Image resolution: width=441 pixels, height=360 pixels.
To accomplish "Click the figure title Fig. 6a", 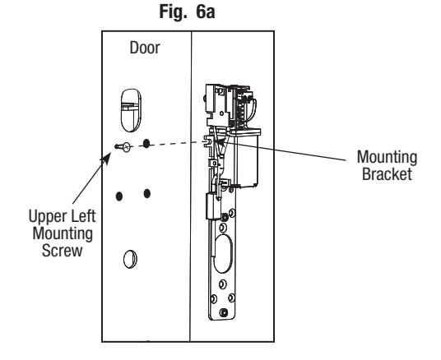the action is click(x=187, y=12).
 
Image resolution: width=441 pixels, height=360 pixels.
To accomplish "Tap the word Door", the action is click(x=145, y=48).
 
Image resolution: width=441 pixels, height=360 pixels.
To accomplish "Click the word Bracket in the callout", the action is click(x=387, y=174).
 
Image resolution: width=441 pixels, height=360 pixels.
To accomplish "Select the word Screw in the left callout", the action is click(x=63, y=251).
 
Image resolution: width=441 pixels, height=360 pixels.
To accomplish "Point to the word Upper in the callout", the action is click(x=47, y=217).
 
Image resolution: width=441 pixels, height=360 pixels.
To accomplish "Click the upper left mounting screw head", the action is click(x=127, y=146).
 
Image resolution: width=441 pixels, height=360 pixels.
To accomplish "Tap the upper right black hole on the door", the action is click(x=146, y=144).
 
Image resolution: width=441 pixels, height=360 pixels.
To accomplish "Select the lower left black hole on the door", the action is click(x=119, y=196).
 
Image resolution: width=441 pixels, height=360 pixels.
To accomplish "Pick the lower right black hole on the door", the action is click(x=146, y=193).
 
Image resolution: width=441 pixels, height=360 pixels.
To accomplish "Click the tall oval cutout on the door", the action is click(x=131, y=110).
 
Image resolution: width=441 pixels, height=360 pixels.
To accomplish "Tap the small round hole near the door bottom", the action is click(x=130, y=259).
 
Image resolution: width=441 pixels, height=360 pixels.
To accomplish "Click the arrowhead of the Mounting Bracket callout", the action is click(x=220, y=142).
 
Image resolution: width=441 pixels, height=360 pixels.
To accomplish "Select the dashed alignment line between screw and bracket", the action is click(x=172, y=143).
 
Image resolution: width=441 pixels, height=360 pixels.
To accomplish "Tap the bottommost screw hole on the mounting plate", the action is click(x=224, y=312).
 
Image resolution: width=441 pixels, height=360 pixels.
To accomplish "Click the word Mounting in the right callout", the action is click(x=387, y=158).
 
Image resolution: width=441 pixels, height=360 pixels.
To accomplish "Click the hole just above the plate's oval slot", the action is click(x=222, y=227).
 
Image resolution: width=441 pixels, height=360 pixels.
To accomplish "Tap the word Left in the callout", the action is click(x=82, y=216).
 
